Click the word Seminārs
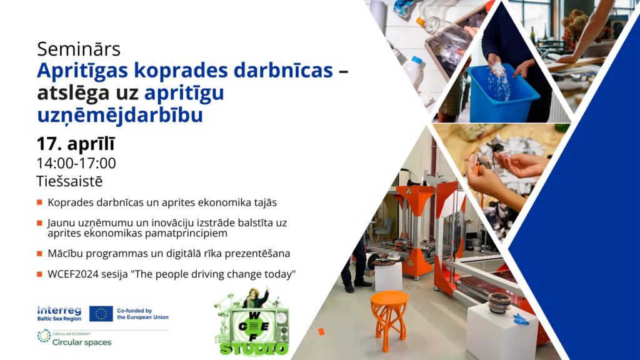79,49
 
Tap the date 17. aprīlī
76,144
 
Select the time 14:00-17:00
76,163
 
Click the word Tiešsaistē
69,181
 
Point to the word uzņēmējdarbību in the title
120,115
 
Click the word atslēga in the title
74,92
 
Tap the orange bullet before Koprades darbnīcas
39,202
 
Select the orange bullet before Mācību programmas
39,254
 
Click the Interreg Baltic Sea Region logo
59,314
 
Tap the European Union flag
101,314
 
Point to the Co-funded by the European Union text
142,314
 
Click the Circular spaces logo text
82,342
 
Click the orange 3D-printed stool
389,320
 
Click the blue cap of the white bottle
416,60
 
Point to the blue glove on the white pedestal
521,319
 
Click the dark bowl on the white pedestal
499,302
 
